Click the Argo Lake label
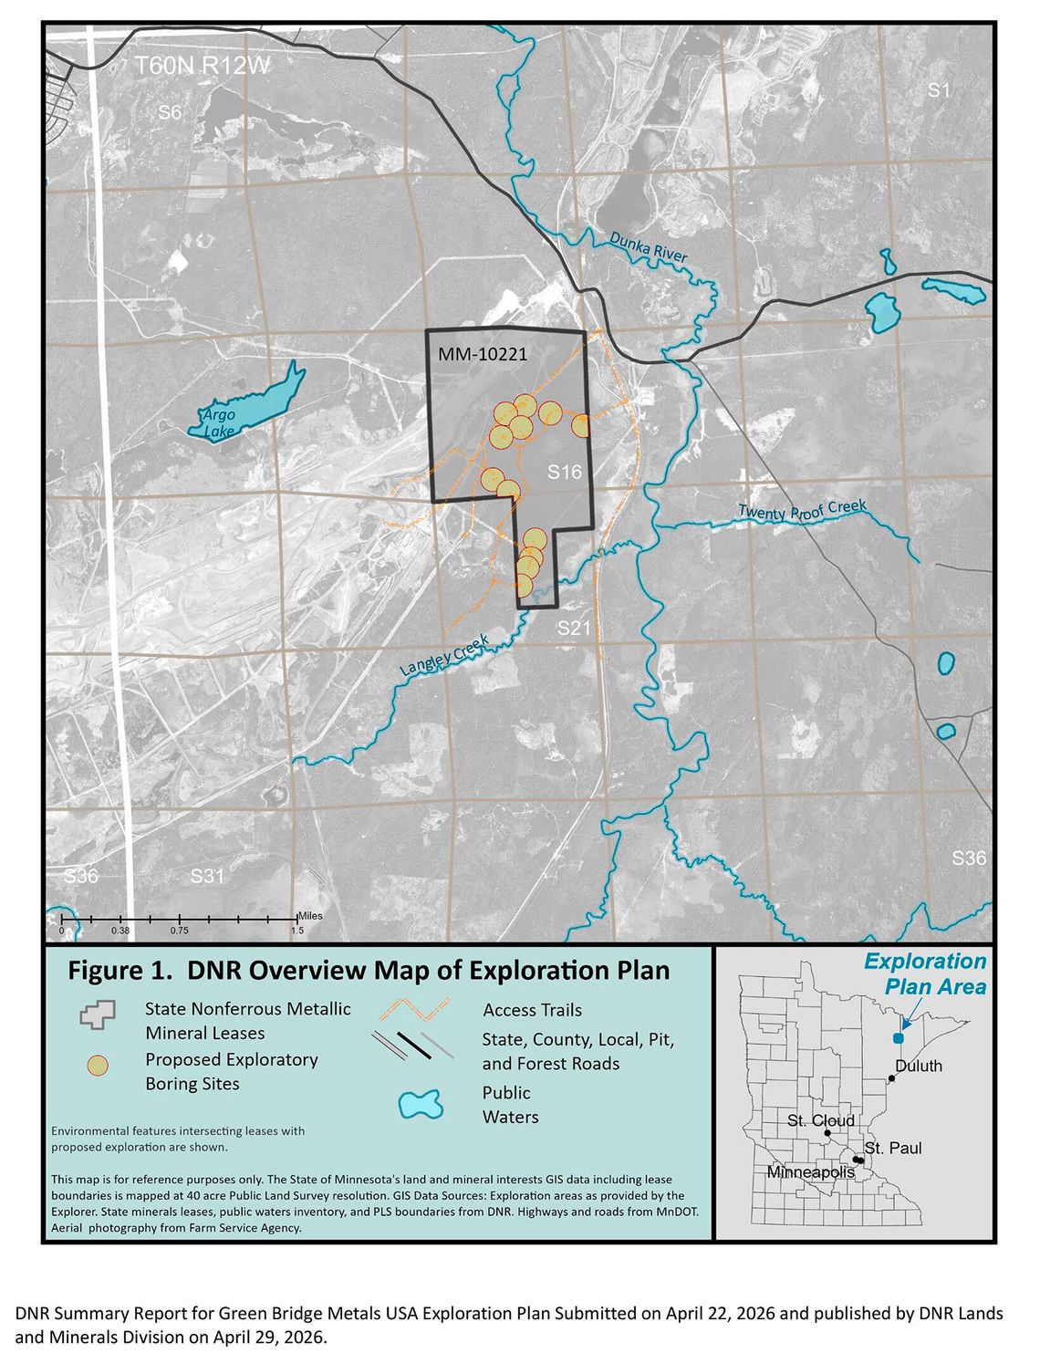[219, 422]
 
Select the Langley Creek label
[444, 655]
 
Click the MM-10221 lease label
[483, 354]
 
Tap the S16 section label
[564, 472]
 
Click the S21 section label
[575, 628]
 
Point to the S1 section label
[939, 89]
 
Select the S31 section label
[207, 876]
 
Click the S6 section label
[170, 112]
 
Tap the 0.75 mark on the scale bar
[179, 931]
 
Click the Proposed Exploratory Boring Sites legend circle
[97, 1066]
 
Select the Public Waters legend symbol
[421, 1104]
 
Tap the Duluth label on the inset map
[919, 1066]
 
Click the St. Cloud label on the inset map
[821, 1120]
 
